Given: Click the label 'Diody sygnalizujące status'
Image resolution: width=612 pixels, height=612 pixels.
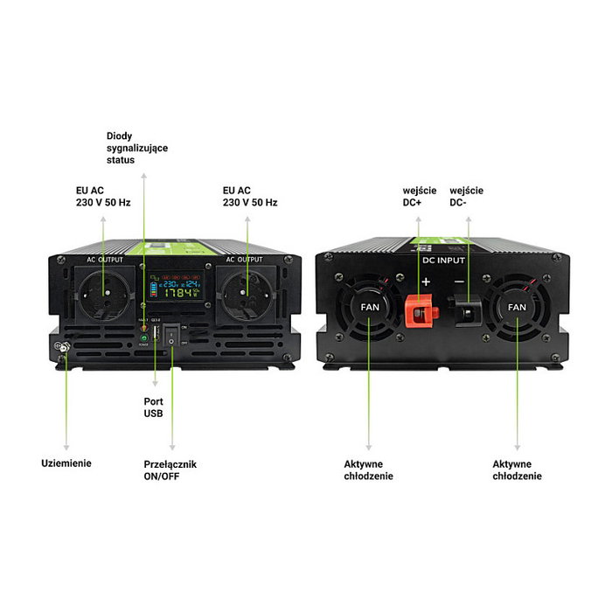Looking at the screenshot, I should coord(136,148).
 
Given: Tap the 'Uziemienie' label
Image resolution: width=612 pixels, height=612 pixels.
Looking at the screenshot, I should coord(66,463).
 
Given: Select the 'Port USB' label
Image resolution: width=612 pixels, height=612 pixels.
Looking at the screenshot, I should coord(154,407).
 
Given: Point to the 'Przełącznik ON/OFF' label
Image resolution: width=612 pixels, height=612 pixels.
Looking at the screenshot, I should coord(170,469).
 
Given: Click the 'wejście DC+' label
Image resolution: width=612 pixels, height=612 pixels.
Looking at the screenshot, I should coord(419,196).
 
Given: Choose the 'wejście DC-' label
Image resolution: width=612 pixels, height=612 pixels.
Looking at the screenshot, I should coord(466,196).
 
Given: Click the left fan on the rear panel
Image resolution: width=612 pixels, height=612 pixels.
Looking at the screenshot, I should coord(369,308).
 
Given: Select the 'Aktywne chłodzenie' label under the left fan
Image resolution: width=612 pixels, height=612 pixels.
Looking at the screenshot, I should coord(368,469).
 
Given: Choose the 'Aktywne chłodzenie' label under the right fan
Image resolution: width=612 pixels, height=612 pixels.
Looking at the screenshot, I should coord(517,469).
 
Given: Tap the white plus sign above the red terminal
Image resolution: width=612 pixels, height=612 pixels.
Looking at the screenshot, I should coord(426,282).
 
